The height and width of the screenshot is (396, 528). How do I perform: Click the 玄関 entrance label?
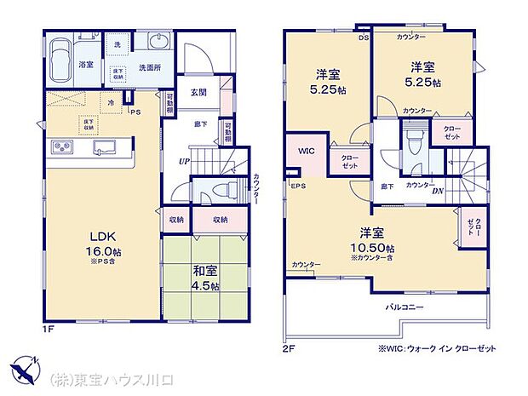[198, 92]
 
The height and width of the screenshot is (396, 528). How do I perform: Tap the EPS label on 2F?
[298, 186]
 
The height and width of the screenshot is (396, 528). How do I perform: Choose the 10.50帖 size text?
[369, 247]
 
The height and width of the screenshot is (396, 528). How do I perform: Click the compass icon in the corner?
[25, 371]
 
